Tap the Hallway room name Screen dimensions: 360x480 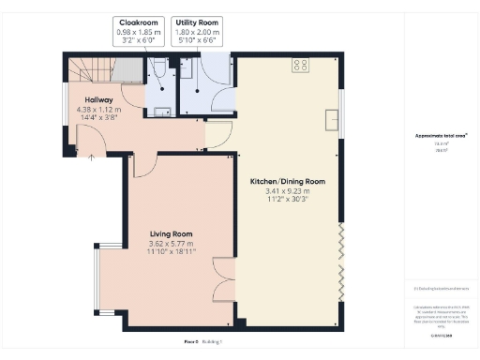tap(98, 99)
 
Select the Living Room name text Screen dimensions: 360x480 tap(171, 234)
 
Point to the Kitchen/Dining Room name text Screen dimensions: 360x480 tap(287, 181)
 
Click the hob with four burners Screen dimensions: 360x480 tap(301, 65)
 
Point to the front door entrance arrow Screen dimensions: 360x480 tap(91, 158)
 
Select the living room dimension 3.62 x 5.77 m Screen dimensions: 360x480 tap(171, 245)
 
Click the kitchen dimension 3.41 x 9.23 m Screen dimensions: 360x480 tap(287, 191)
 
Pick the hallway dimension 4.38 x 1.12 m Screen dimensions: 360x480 tap(98, 110)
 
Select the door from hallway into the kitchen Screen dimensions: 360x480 tap(217, 137)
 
